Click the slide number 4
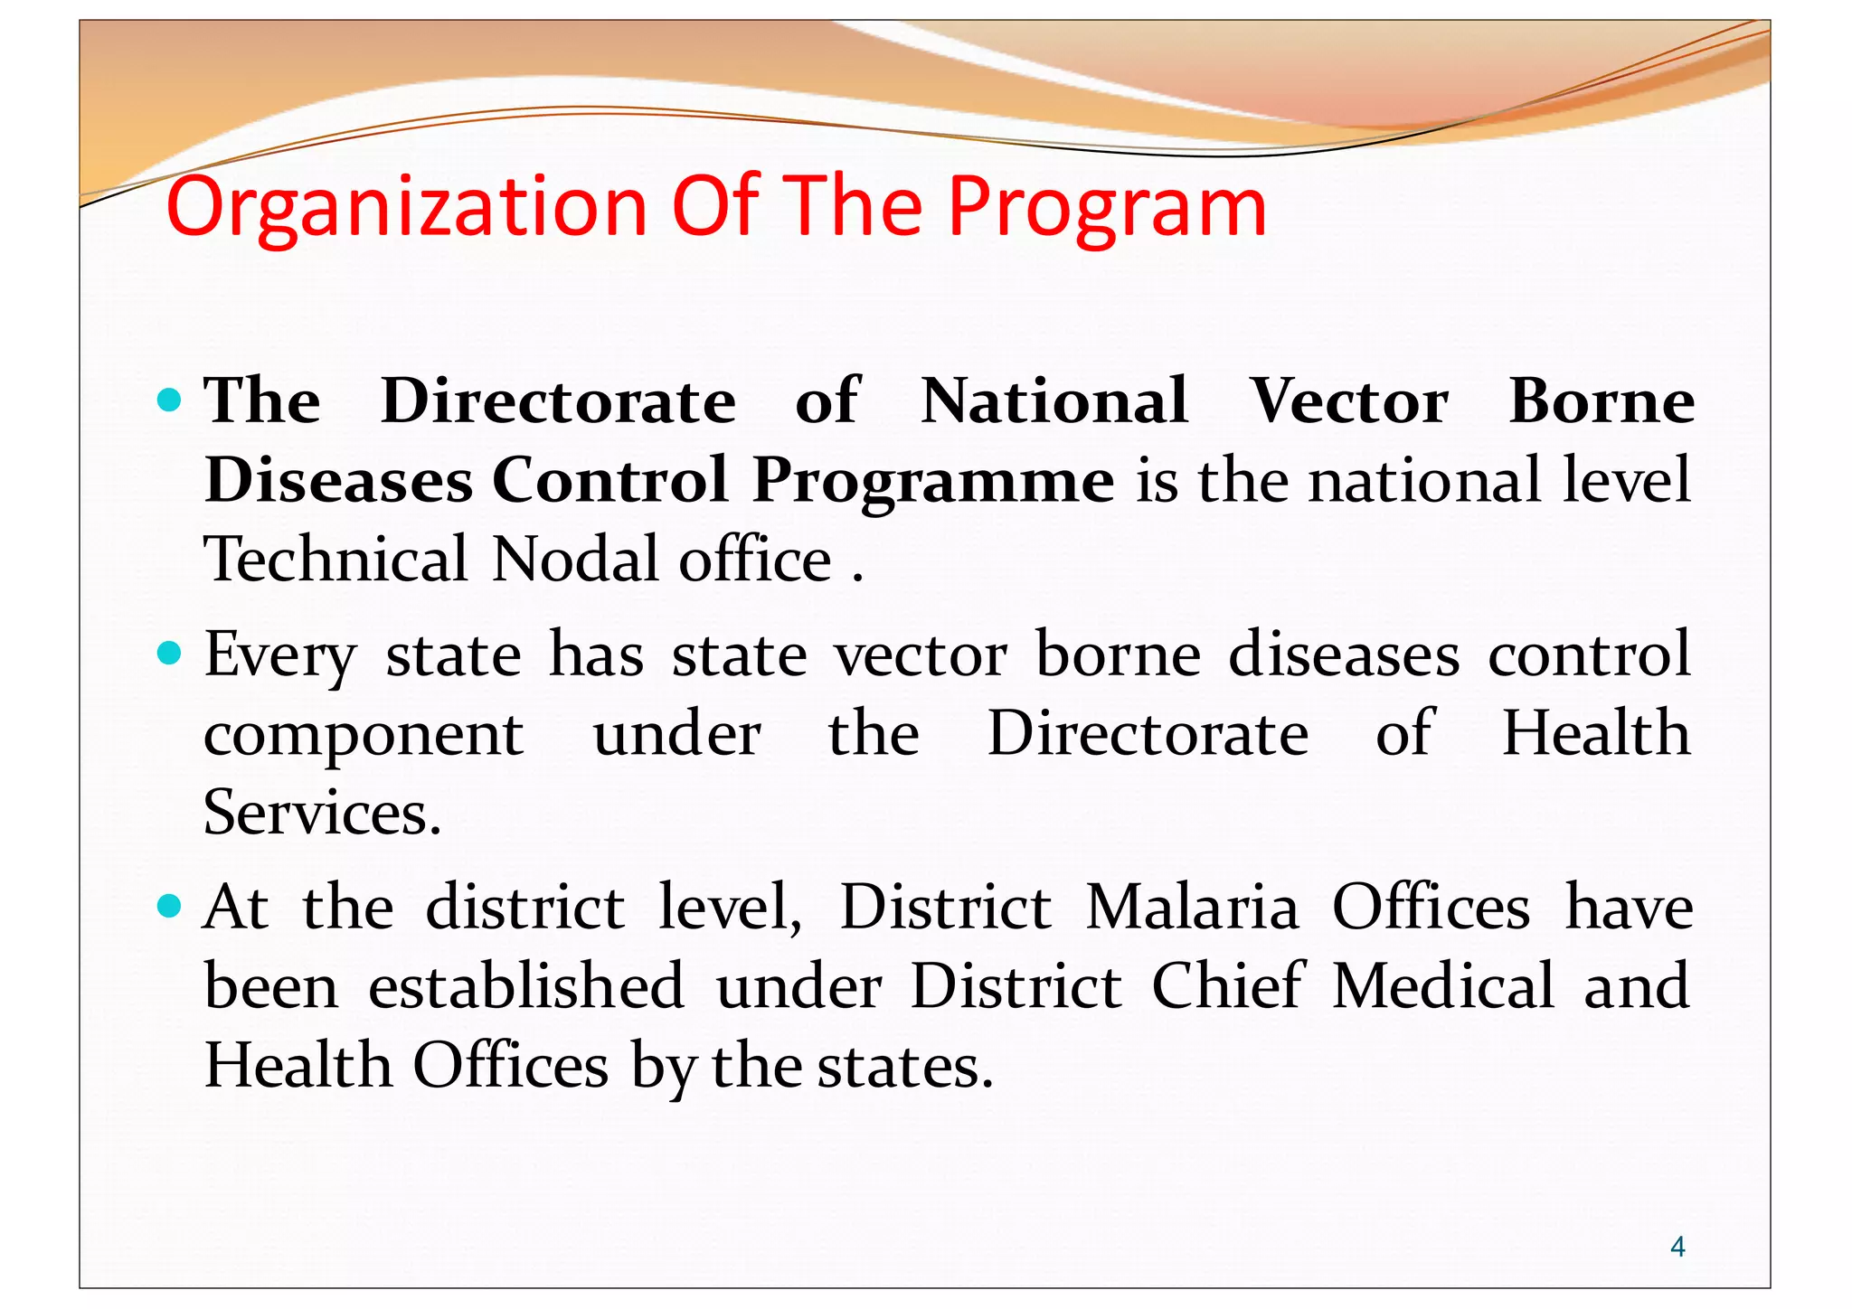pos(1677,1248)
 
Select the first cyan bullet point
pos(169,400)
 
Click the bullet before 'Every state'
pos(169,653)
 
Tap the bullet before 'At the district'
pos(169,906)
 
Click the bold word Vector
pos(1348,400)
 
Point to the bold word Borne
pos(1601,400)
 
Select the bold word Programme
pos(932,481)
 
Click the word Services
pos(322,812)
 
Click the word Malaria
pos(1192,908)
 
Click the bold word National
pos(1054,400)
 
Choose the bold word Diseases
pos(338,480)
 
